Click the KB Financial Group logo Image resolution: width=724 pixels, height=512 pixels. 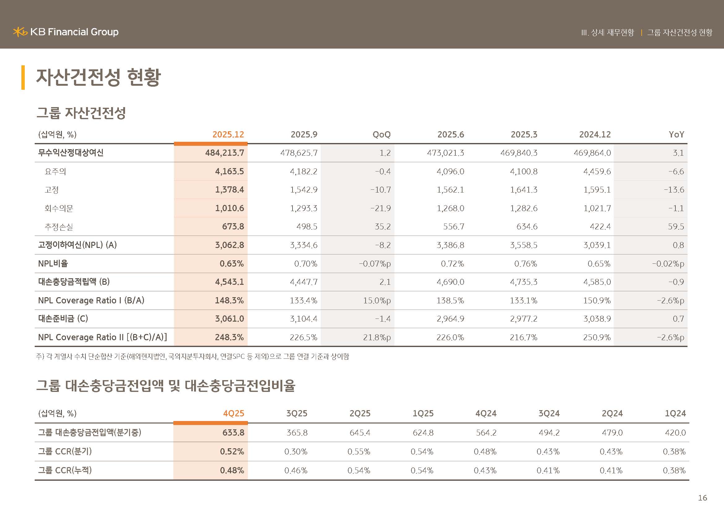click(66, 32)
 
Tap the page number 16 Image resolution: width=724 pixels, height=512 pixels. click(702, 498)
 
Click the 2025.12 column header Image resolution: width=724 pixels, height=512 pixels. click(228, 135)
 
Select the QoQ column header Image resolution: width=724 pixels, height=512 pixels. click(381, 135)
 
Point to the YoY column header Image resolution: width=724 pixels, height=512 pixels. click(676, 135)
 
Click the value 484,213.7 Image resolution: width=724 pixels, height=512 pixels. click(224, 153)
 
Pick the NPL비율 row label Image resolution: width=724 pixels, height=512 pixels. click(53, 263)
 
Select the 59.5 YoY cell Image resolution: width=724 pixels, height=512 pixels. click(675, 227)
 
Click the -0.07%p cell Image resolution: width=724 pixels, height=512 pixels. click(375, 263)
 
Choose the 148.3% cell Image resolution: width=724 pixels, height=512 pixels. click(229, 301)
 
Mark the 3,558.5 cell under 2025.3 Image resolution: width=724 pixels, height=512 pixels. click(523, 245)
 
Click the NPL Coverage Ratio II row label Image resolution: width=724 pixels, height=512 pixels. click(102, 337)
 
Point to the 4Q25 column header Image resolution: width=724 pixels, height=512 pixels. click(233, 413)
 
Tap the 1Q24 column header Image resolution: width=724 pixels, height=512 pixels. click(675, 413)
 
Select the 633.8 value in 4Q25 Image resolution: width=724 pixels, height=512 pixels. click(233, 432)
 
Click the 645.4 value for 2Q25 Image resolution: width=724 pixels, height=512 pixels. click(360, 432)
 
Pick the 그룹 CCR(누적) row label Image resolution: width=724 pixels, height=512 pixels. click(65, 471)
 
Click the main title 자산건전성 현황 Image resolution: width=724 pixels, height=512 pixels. click(98, 77)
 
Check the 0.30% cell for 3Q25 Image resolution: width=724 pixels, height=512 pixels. click(296, 452)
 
